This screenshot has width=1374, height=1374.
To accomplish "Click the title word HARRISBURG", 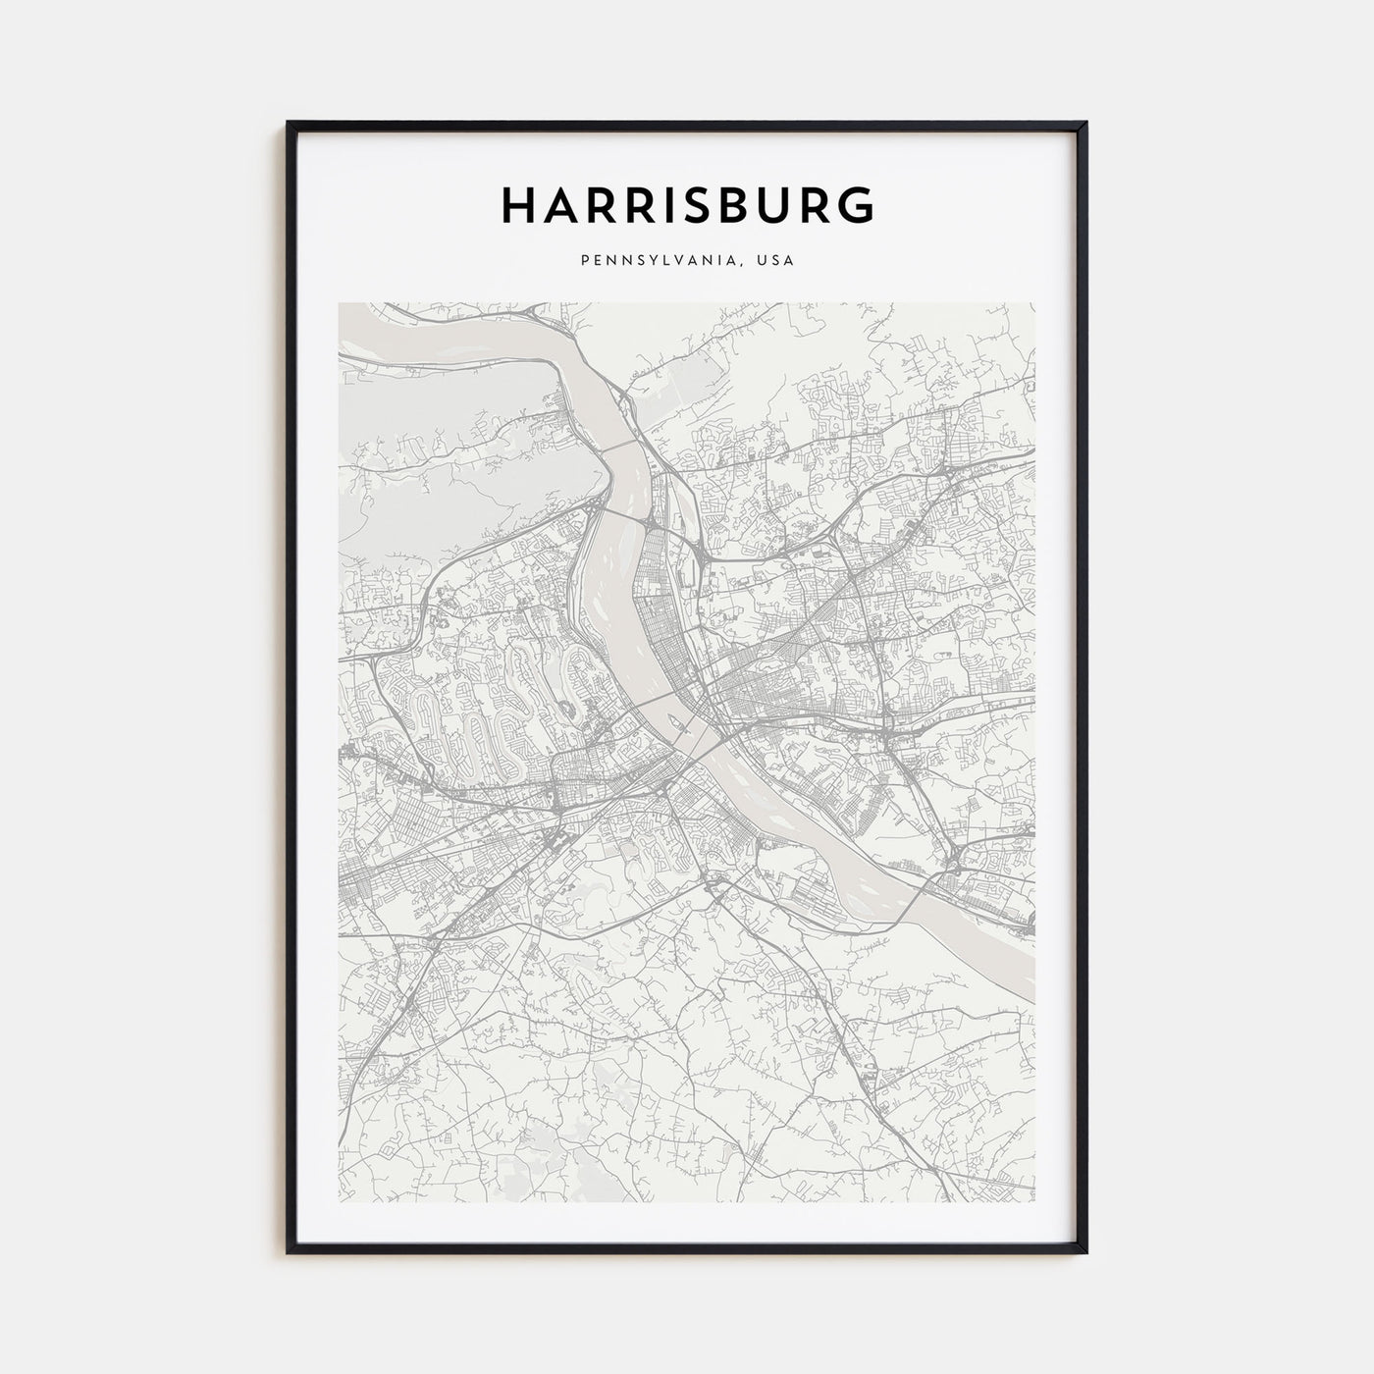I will [687, 205].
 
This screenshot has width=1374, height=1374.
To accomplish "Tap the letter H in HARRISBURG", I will [517, 205].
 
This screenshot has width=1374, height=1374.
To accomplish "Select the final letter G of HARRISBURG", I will [855, 205].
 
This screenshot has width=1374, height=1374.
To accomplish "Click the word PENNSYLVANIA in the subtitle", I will [658, 261].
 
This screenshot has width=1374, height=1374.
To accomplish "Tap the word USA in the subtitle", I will [775, 261].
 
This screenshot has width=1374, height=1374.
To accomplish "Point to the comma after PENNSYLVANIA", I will [743, 265].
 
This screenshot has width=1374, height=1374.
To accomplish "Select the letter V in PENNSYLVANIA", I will [683, 261].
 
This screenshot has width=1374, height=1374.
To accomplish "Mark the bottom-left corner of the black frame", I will [289, 1252].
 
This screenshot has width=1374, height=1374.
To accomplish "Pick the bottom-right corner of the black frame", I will [1085, 1252].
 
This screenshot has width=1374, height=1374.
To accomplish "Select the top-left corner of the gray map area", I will [340, 303].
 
